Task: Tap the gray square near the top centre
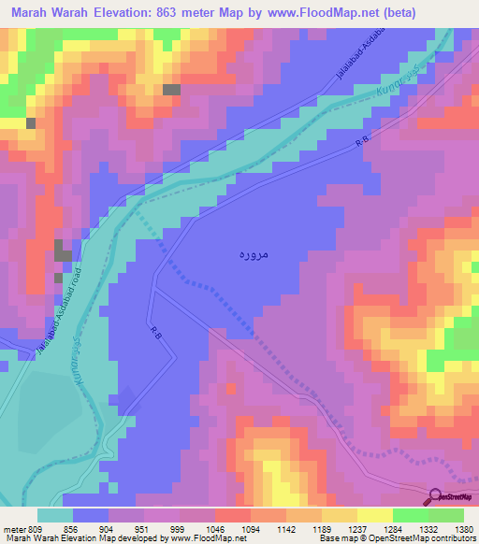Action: [171, 90]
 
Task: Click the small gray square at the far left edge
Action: [31, 122]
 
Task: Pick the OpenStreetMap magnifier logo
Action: [434, 496]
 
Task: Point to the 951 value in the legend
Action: [143, 528]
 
